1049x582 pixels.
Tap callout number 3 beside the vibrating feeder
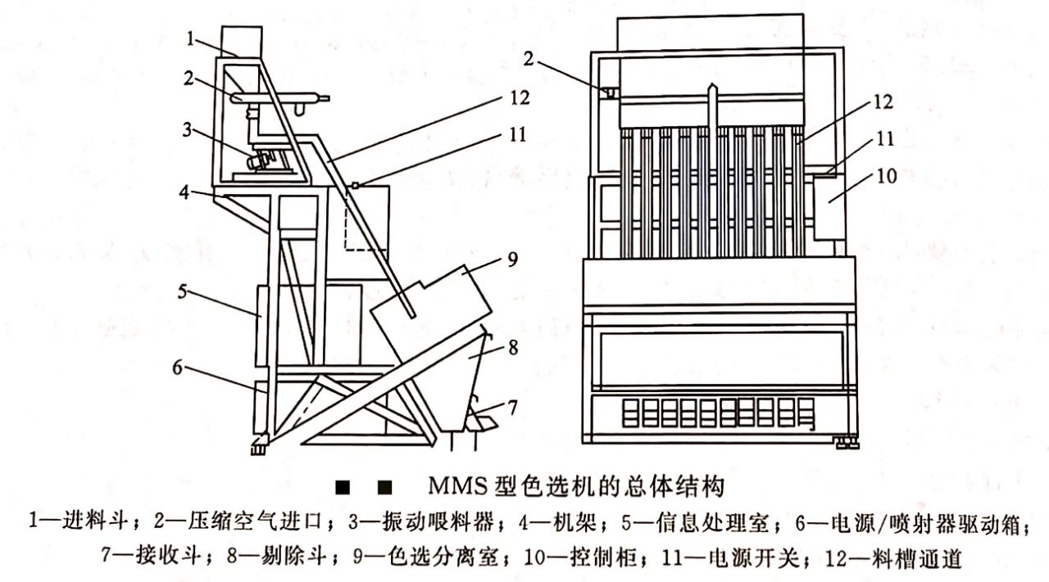[x=188, y=129]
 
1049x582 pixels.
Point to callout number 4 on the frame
[x=188, y=194]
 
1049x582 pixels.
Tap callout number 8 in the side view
[x=514, y=347]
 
